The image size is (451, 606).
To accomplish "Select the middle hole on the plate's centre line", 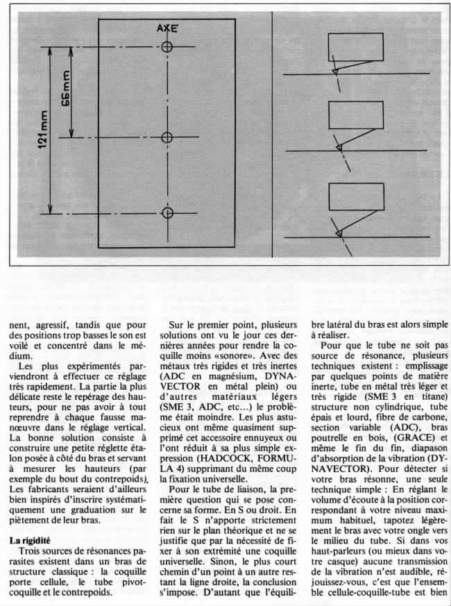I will tap(167, 137).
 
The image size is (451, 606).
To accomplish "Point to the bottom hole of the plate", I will tap(167, 212).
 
